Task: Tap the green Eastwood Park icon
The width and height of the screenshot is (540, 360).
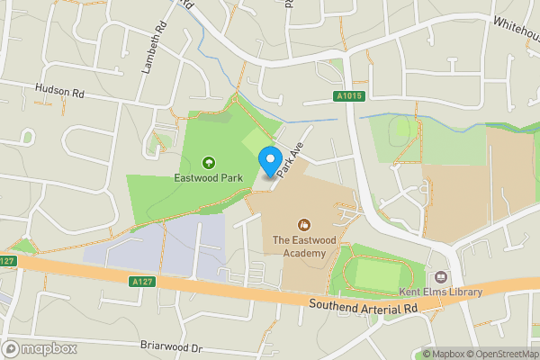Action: click(x=209, y=162)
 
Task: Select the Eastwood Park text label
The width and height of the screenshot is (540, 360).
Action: click(x=209, y=178)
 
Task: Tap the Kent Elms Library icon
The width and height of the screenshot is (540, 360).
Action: click(x=441, y=277)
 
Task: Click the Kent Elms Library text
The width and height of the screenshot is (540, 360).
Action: click(x=441, y=292)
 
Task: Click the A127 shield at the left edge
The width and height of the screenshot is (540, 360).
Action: click(x=8, y=261)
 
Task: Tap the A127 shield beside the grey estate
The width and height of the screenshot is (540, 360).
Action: click(x=139, y=282)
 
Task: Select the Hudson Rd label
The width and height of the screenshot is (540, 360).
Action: click(x=58, y=90)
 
